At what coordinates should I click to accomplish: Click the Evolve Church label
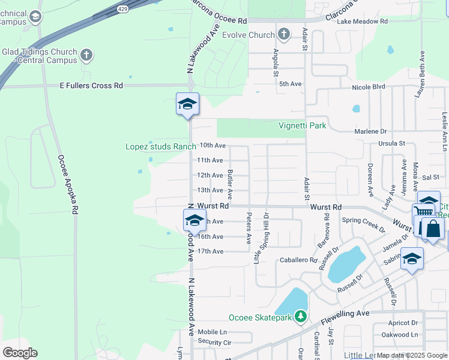248,35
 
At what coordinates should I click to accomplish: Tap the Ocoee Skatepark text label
260,317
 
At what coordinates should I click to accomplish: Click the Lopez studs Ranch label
161,146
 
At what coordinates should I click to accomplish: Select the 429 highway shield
123,9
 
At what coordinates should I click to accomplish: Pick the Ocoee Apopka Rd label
67,185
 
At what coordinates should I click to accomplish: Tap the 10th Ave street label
212,145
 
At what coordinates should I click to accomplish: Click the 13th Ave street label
210,190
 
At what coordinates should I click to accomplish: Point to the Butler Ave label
230,184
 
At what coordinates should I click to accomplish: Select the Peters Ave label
249,229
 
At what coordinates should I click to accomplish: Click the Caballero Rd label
298,260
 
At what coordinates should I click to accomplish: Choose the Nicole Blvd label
369,86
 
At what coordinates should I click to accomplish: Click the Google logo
20,353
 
